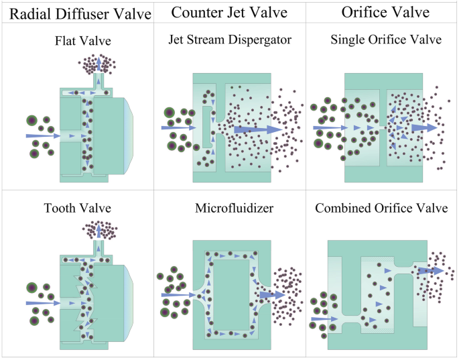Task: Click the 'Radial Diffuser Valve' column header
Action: [76, 13]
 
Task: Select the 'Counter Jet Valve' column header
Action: [230, 12]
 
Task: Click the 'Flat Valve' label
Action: [78, 41]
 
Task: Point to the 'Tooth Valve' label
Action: [77, 208]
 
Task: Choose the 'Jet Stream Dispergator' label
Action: [230, 40]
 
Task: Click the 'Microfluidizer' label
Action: [229, 208]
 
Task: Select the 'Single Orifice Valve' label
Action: [386, 40]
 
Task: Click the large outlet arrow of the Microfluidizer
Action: [272, 295]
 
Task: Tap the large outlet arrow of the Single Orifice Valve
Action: [423, 127]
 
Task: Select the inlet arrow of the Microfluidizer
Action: [178, 294]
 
